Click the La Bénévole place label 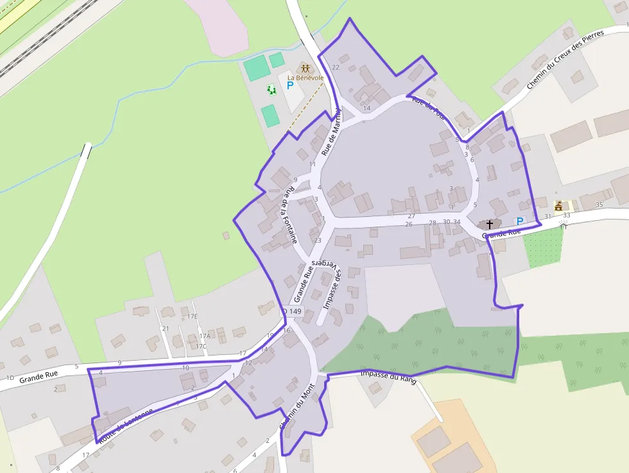tap(305, 78)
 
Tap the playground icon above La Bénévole tap(306, 67)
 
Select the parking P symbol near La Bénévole tap(290, 85)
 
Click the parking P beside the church tap(520, 221)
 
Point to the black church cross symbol tap(490, 224)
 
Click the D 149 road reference tap(291, 312)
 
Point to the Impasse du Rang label tap(389, 377)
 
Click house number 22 tap(335, 67)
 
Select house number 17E tap(193, 316)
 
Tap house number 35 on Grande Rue tap(599, 205)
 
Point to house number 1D tap(10, 378)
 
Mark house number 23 tap(317, 241)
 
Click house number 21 tap(165, 329)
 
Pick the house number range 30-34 tap(452, 222)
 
